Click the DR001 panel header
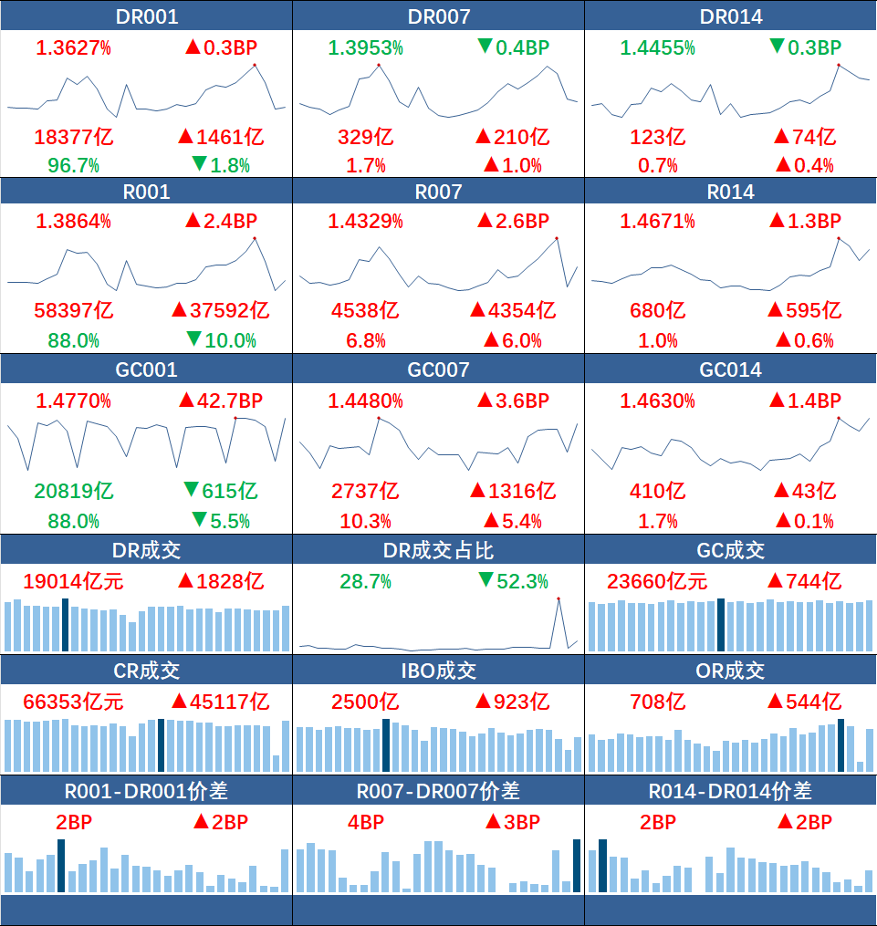146,16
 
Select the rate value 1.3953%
366,47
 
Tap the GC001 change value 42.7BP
230,401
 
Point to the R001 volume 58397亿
74,310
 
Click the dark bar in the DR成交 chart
65,625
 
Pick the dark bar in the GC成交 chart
721,625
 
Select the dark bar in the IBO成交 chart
386,745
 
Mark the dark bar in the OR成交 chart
841,745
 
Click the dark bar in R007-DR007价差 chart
577,866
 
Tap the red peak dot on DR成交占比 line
559,598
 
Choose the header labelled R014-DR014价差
731,791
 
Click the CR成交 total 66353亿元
73,702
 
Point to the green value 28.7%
366,582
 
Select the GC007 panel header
438,369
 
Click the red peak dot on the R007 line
557,239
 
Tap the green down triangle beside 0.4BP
485,46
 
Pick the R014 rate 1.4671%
657,222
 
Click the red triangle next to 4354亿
478,309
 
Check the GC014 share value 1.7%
657,522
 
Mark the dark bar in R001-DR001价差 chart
61,866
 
